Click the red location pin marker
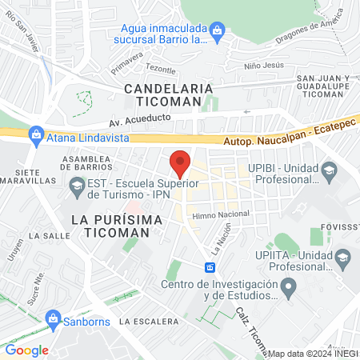tap(180, 164)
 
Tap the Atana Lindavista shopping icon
tap(35, 134)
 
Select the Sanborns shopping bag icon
tap(54, 318)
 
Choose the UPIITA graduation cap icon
tap(342, 257)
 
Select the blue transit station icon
tap(210, 267)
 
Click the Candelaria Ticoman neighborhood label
tap(168, 94)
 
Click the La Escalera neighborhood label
tap(148, 321)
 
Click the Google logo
tap(27, 350)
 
